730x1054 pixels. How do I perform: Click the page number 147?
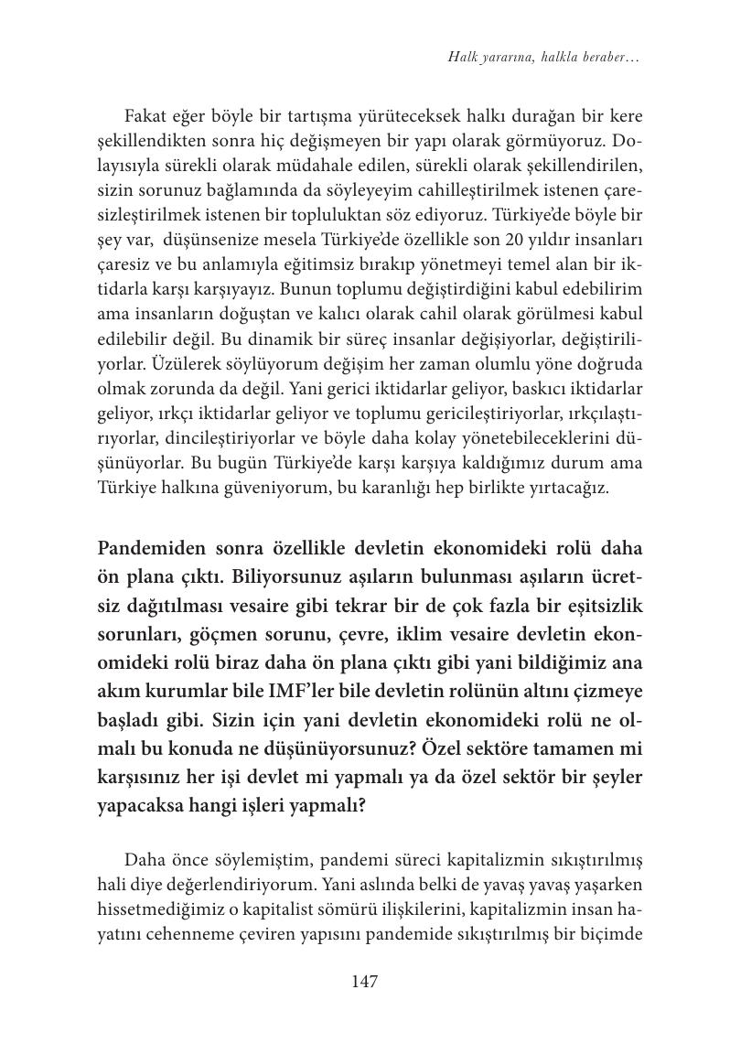[x=364, y=982]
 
